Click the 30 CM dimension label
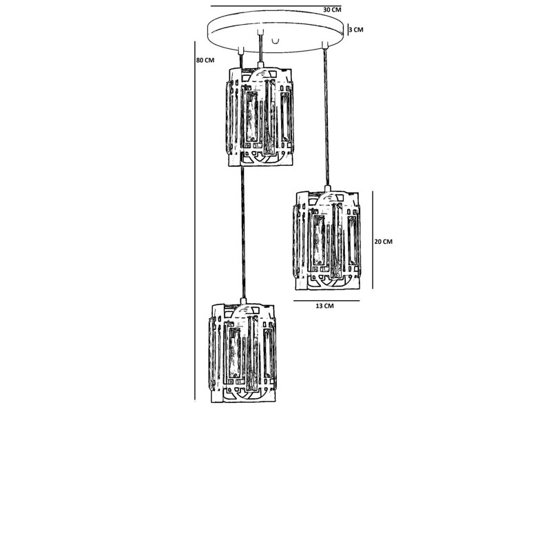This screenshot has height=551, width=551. tap(332, 10)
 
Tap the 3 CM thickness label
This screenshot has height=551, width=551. tap(356, 30)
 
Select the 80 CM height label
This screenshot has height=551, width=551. tap(205, 60)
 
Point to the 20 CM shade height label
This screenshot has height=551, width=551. tap(384, 242)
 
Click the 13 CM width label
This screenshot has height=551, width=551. tap(324, 306)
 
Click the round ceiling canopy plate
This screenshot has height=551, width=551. tap(276, 32)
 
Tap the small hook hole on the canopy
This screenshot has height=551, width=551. tap(275, 41)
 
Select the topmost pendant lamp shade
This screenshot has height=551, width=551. tap(260, 116)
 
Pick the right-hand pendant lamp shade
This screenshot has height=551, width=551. tap(326, 240)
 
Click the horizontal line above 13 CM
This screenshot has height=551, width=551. tap(326, 301)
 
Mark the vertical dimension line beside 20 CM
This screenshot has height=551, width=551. tap(373, 240)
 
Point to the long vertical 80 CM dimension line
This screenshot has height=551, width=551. tap(195, 221)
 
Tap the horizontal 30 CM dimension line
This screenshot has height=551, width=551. tap(276, 6)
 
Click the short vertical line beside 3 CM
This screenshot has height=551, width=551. tap(348, 30)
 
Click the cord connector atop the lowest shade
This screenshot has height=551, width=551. tap(243, 301)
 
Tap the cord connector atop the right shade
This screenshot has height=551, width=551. tap(328, 188)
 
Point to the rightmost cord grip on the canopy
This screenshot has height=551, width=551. tap(325, 45)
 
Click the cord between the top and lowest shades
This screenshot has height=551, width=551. tap(242, 232)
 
